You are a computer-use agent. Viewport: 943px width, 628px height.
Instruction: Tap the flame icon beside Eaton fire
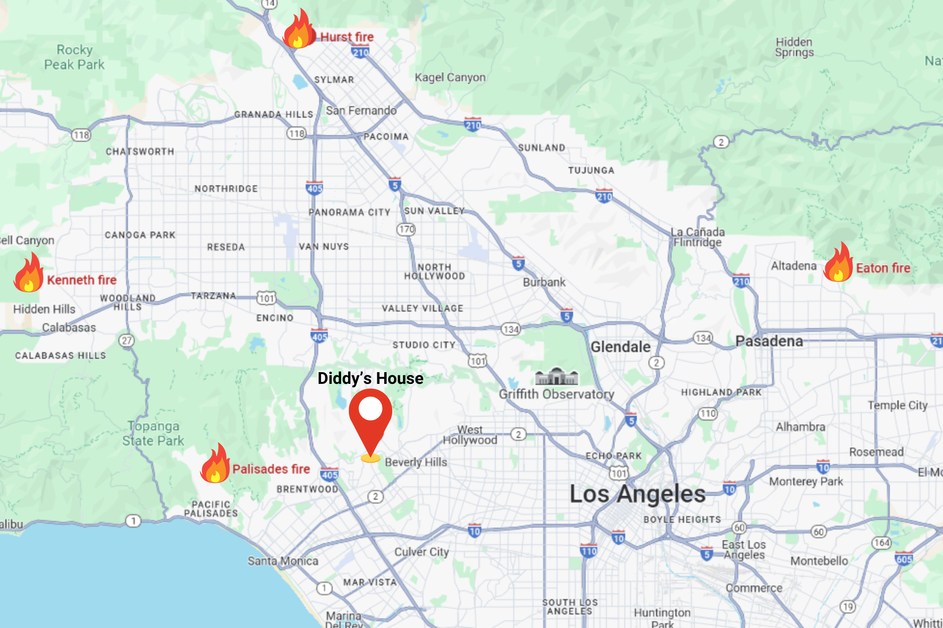tap(838, 263)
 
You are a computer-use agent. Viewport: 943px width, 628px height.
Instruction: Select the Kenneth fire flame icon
tap(28, 273)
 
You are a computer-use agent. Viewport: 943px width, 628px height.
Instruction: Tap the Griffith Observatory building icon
tap(556, 376)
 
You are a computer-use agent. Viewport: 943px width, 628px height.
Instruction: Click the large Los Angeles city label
tap(637, 494)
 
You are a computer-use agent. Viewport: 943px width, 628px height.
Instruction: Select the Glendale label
tap(620, 347)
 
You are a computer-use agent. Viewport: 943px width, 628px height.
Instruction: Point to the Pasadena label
tap(769, 341)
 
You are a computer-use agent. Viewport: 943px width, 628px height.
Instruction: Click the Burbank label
tap(544, 282)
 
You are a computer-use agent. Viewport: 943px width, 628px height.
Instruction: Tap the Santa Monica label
tap(283, 561)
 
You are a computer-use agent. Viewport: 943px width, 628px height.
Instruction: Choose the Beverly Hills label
tap(416, 462)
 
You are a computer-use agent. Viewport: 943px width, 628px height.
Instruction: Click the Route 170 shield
tap(406, 230)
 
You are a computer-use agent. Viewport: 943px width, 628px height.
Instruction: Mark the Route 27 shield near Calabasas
tap(127, 341)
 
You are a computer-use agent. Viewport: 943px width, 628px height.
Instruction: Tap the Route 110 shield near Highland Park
tap(708, 413)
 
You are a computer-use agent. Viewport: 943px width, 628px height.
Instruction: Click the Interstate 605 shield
tap(904, 559)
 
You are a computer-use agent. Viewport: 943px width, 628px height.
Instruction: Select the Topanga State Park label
tap(153, 433)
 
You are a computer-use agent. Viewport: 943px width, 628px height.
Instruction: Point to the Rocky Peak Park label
tap(75, 57)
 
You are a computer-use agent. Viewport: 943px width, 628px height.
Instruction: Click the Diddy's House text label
tap(370, 378)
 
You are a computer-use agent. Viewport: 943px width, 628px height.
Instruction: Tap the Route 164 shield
tap(881, 543)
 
